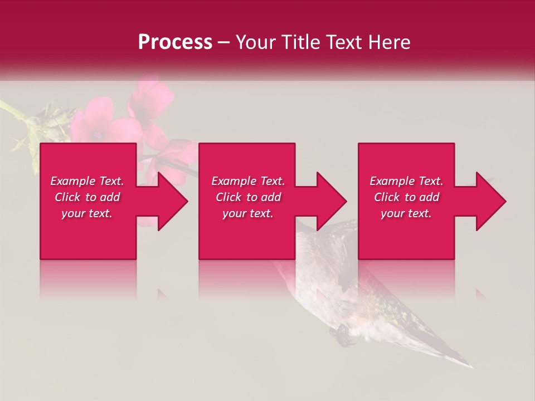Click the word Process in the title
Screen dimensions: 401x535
pos(175,42)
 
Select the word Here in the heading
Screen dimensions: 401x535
pos(389,42)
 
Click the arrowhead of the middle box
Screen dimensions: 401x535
pos(331,201)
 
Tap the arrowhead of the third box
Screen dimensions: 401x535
pos(490,201)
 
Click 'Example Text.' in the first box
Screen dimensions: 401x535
pos(87,181)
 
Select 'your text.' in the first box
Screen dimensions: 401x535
pos(87,213)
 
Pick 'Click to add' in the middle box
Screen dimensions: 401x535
pos(248,197)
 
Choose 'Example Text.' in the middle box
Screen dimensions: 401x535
pos(248,181)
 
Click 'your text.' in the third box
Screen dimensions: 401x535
pos(406,213)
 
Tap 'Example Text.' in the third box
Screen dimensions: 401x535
pos(406,181)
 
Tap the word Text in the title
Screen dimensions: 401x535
pos(342,42)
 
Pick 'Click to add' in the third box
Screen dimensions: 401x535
pos(406,197)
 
